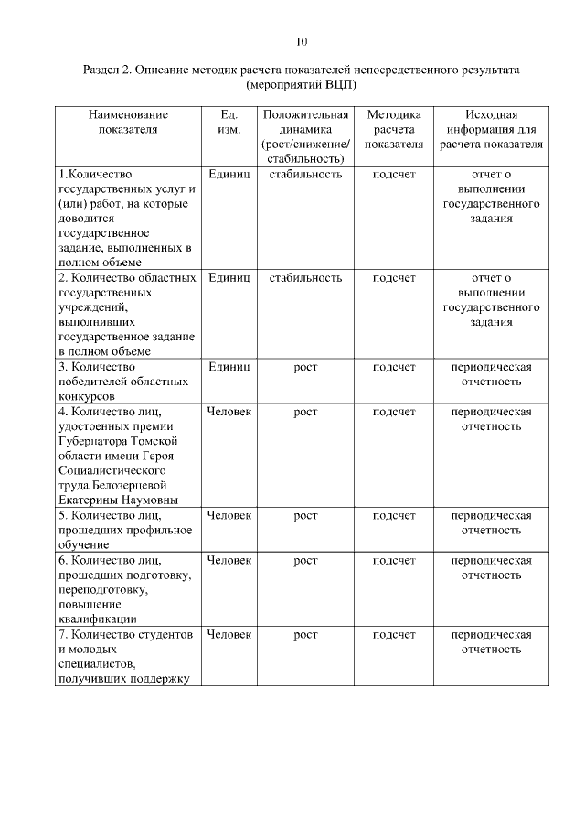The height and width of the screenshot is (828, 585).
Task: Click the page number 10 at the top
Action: pos(302,41)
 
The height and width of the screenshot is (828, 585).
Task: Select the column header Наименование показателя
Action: pos(128,122)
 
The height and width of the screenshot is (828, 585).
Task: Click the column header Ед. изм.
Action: pos(229,122)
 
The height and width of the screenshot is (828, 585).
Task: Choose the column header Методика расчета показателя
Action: pos(394,129)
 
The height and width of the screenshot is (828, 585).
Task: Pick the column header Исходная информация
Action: pos(491,129)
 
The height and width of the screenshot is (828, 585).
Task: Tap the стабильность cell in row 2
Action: pos(305,277)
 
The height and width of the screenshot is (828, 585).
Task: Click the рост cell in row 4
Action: pos(305,412)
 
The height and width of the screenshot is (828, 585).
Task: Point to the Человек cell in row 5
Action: pos(229,515)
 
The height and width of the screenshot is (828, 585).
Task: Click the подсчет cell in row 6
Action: pos(394,560)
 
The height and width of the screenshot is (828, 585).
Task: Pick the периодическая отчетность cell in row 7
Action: pos(491,641)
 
